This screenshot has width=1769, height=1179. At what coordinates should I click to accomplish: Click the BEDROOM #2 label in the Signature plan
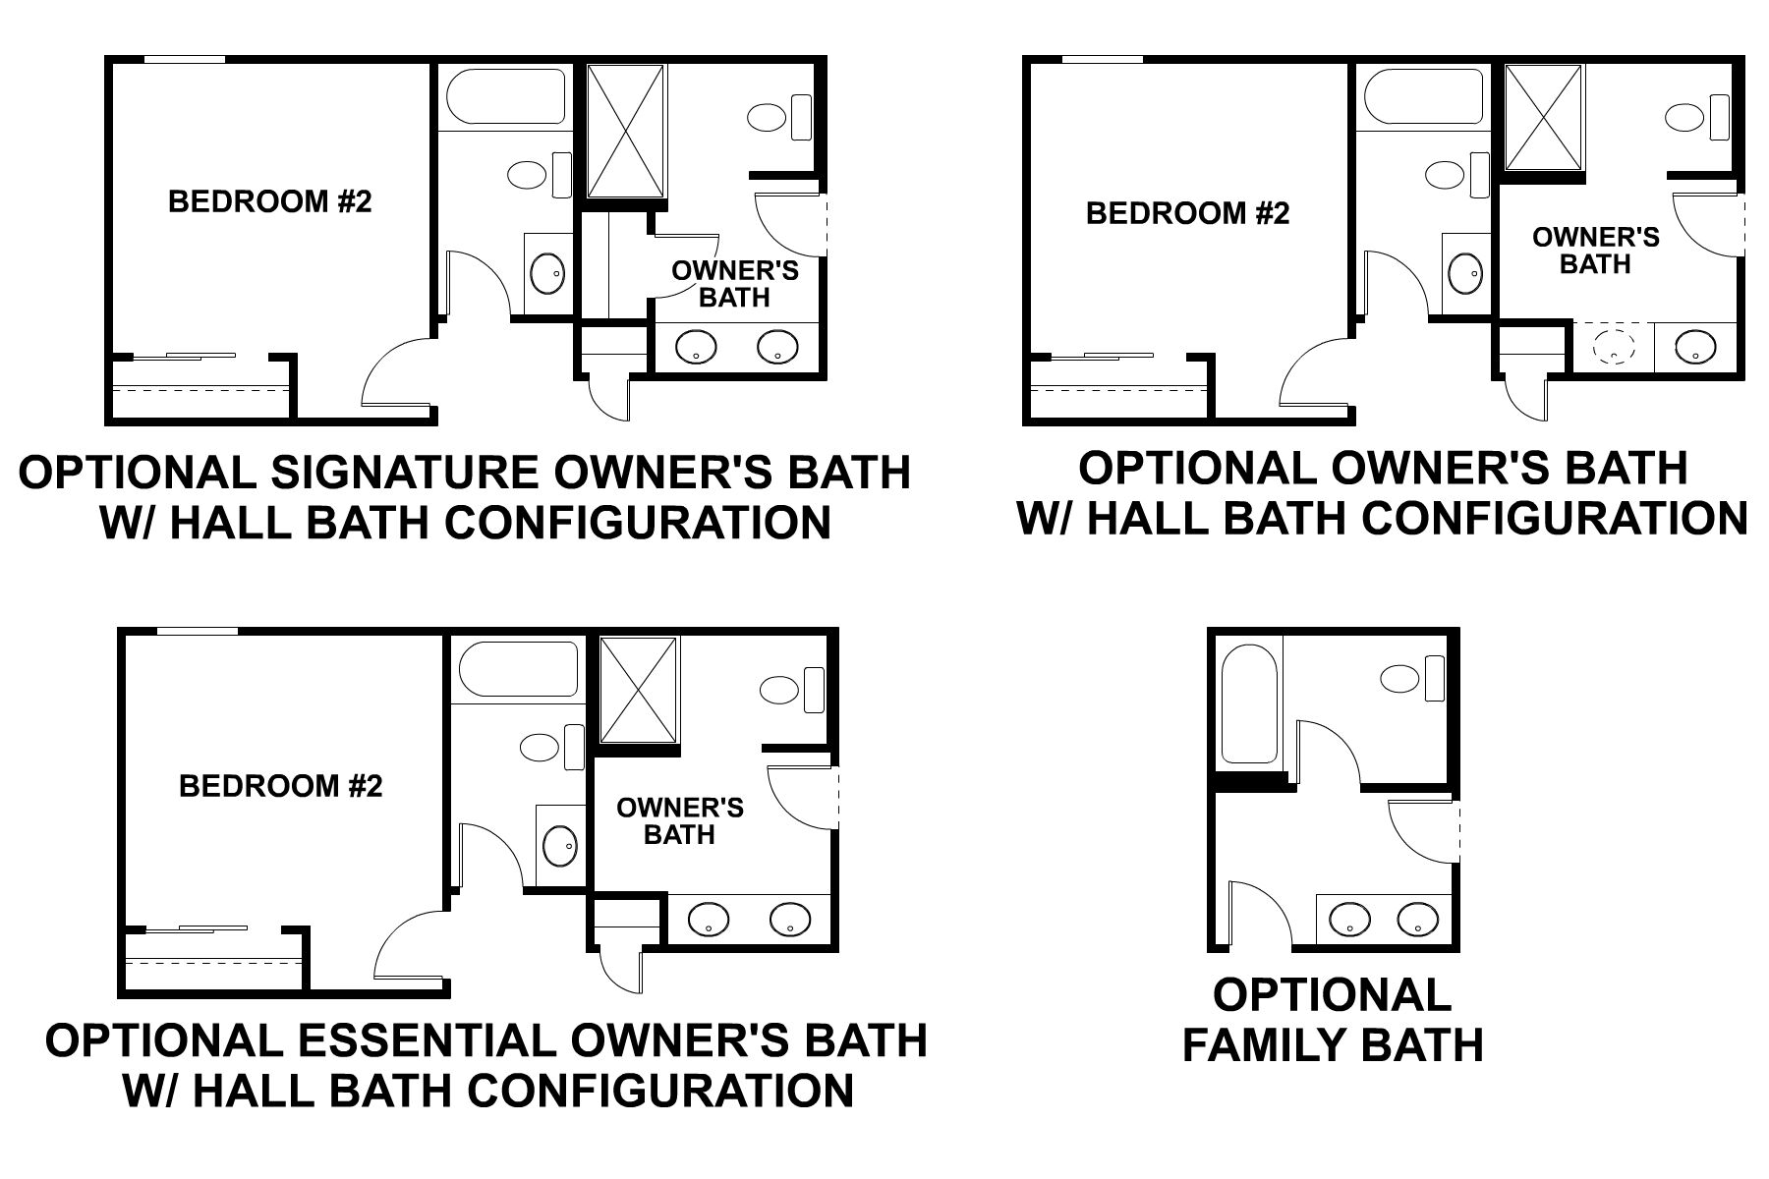[x=270, y=201]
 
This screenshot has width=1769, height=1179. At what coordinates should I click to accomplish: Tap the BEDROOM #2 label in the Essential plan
[x=280, y=786]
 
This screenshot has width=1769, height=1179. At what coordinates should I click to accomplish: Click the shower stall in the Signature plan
[x=626, y=132]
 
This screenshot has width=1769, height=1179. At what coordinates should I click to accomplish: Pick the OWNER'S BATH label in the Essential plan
[x=679, y=821]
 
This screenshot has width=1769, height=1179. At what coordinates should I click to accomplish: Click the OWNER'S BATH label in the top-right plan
[x=1595, y=251]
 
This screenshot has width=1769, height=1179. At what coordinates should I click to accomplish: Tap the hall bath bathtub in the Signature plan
[x=506, y=96]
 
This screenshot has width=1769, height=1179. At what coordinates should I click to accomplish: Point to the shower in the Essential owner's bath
[x=639, y=690]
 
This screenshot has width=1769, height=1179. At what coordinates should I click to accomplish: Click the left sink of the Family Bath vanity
[x=1349, y=920]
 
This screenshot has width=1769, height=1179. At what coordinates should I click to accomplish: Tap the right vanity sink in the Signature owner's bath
[x=776, y=346]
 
